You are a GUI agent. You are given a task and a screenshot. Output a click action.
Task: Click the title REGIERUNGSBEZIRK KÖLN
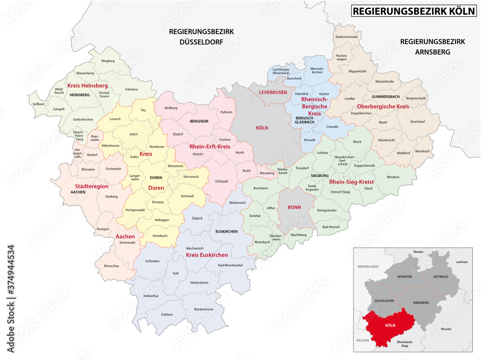412,11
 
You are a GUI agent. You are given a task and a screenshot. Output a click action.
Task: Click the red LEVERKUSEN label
273,92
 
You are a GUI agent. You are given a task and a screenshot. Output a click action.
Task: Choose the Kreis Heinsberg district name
87,85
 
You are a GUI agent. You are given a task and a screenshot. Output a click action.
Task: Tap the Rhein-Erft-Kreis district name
210,147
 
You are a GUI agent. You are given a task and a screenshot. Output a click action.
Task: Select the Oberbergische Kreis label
383,106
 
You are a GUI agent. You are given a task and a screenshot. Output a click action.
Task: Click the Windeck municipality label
392,177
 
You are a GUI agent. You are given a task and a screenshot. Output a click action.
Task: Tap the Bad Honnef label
331,226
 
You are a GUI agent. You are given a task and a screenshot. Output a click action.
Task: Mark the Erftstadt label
221,181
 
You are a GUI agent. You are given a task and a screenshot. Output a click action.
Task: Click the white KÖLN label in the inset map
390,324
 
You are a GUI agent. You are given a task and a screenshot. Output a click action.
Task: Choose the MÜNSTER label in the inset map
405,277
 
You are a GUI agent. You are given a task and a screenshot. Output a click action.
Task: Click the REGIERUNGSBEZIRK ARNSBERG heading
432,47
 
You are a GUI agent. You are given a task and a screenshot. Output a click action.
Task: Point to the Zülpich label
197,218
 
